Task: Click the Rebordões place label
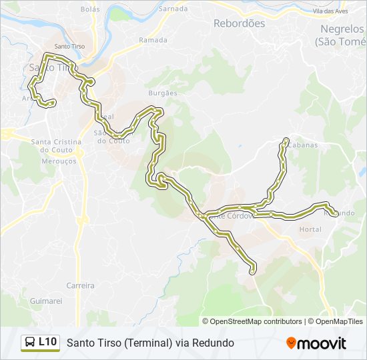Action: pyautogui.click(x=239, y=23)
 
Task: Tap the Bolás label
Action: pyautogui.click(x=89, y=10)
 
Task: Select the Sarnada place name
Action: pyautogui.click(x=173, y=10)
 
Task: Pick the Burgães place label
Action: pyautogui.click(x=163, y=93)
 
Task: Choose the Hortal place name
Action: pyautogui.click(x=310, y=229)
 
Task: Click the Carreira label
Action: pyautogui.click(x=80, y=285)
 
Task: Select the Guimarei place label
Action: pyautogui.click(x=46, y=301)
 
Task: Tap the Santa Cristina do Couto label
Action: pyautogui.click(x=56, y=146)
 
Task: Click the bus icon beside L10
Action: pyautogui.click(x=30, y=343)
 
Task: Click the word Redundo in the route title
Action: pyautogui.click(x=212, y=343)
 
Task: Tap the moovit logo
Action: pyautogui.click(x=316, y=343)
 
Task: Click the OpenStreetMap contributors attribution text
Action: pyautogui.click(x=256, y=321)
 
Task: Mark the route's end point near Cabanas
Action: pyautogui.click(x=286, y=140)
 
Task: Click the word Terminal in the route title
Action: pyautogui.click(x=139, y=343)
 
